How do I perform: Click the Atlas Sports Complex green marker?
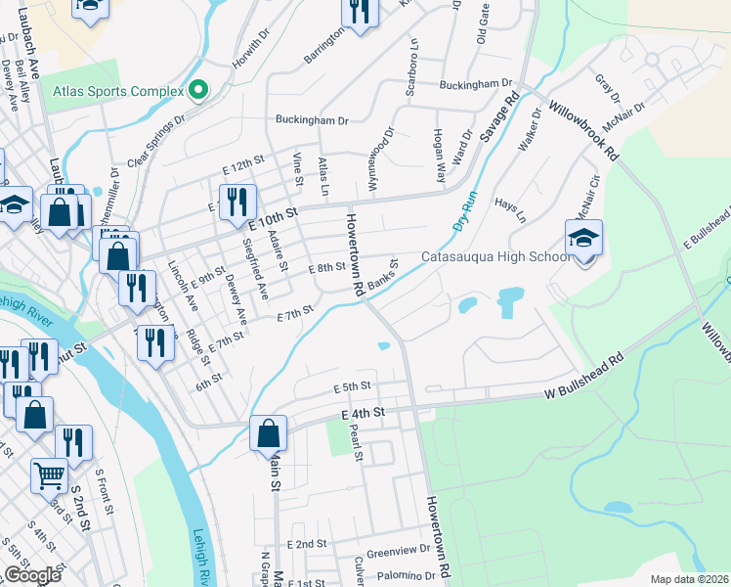pyautogui.click(x=199, y=91)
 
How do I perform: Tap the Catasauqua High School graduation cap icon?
pyautogui.click(x=583, y=239)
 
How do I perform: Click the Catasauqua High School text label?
pyautogui.click(x=494, y=257)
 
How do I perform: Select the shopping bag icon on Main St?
pyautogui.click(x=268, y=433)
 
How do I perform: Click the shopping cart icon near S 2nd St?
pyautogui.click(x=49, y=475)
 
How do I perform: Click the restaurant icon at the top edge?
pyautogui.click(x=359, y=12)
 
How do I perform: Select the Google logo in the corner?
pyautogui.click(x=32, y=575)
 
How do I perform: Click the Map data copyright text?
pyautogui.click(x=689, y=579)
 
